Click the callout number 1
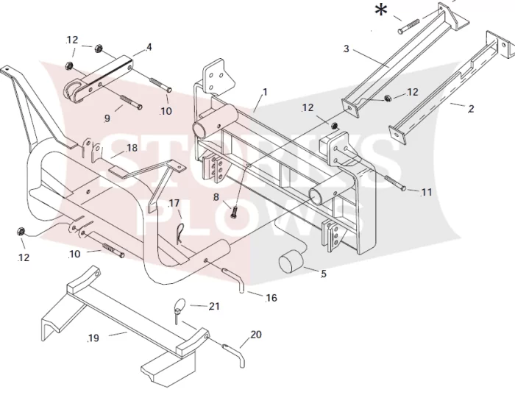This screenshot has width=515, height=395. click(x=265, y=92)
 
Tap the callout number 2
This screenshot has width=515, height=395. click(x=471, y=109)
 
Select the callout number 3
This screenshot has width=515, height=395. click(x=347, y=49)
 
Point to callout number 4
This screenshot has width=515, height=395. click(x=149, y=47)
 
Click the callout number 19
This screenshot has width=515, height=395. click(x=93, y=338)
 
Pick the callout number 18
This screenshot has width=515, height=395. click(x=132, y=148)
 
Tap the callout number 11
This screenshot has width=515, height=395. click(x=426, y=192)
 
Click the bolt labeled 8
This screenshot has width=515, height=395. click(x=234, y=213)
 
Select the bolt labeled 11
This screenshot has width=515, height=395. click(x=394, y=183)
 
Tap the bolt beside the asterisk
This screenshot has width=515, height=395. click(x=409, y=26)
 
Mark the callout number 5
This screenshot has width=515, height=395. click(x=324, y=274)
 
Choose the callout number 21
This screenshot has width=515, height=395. click(x=214, y=306)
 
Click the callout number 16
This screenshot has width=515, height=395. click(x=271, y=298)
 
